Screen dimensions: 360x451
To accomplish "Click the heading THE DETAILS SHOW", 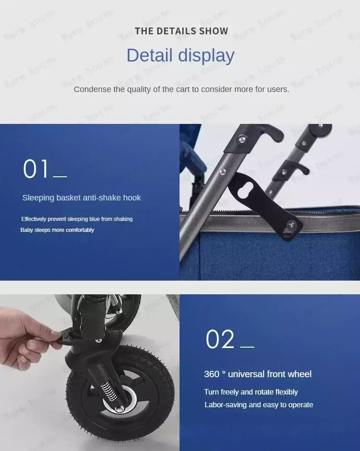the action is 181,31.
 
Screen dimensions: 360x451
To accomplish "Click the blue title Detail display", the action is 180,55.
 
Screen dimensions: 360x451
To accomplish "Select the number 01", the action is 36,169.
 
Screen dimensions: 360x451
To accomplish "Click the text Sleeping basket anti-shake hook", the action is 82,198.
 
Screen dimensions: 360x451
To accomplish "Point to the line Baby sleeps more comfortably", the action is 57,230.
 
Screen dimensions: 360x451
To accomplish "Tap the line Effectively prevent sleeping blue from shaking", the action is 77,219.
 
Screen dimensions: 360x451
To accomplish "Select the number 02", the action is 220,339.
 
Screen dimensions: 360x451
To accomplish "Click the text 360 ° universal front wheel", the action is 257,374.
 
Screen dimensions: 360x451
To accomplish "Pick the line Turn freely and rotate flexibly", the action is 251,392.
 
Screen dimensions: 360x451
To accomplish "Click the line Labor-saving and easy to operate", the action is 259,405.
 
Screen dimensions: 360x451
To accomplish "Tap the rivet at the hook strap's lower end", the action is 291,225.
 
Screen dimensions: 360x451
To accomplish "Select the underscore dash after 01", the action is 60,177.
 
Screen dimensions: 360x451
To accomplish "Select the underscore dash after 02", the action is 247,347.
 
